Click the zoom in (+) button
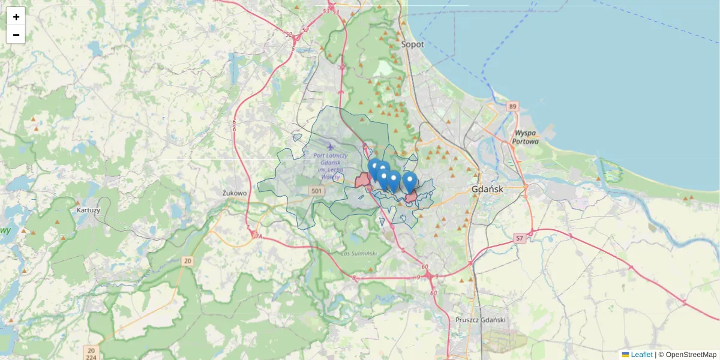coord(16,16)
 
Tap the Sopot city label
coord(412,44)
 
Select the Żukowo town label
coord(234,193)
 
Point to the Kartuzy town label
coord(89,211)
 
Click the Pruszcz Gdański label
coord(481,320)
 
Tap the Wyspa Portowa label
coord(526,137)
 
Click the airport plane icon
coord(329,146)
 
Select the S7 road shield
coord(520,238)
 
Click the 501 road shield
coord(317,191)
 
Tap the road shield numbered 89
coord(512,106)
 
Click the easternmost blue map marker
coord(410,182)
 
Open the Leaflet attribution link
coord(641,355)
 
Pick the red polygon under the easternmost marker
coord(412,197)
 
